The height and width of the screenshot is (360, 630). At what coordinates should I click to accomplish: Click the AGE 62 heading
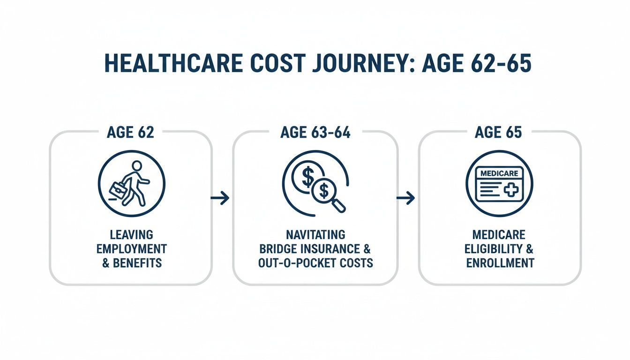130,133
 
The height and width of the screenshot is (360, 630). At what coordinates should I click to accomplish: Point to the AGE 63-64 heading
315,133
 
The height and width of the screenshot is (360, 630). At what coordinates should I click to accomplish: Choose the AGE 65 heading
498,133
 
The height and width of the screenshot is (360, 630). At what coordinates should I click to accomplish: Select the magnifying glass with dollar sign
327,192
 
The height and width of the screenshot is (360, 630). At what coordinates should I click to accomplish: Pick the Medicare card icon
499,184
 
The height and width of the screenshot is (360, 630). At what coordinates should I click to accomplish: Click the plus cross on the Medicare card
512,190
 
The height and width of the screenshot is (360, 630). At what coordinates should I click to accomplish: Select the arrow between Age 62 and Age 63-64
220,198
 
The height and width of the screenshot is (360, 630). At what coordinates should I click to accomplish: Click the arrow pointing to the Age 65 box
405,198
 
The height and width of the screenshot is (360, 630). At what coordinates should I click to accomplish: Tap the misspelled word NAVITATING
315,234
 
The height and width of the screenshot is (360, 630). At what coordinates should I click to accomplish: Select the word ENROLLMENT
500,263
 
